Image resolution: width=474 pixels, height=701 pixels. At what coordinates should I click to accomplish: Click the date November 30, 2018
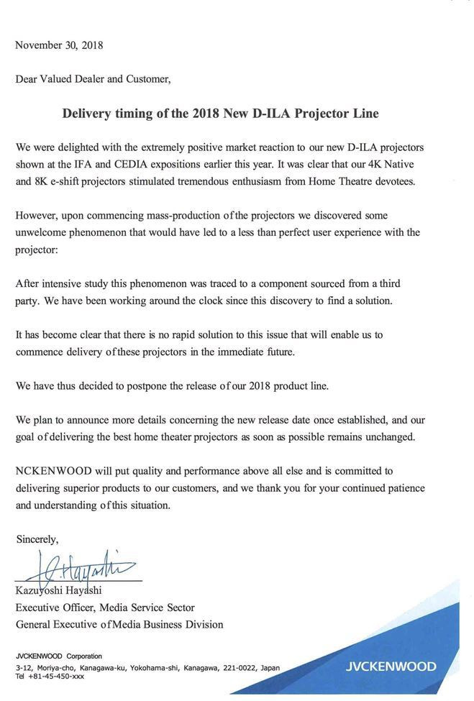pos(59,45)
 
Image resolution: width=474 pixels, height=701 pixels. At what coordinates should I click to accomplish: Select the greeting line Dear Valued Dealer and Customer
pos(93,79)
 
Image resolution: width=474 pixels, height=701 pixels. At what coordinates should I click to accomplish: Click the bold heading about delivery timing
pos(220,114)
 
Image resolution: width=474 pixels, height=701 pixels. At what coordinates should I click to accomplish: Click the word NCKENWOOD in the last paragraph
pos(53,471)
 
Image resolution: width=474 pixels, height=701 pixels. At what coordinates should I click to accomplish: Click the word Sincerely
pos(37,539)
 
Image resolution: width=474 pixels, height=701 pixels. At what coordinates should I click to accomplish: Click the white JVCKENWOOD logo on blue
pos(390,666)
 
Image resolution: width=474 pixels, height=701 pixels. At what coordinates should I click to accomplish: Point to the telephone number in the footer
pos(50,677)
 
